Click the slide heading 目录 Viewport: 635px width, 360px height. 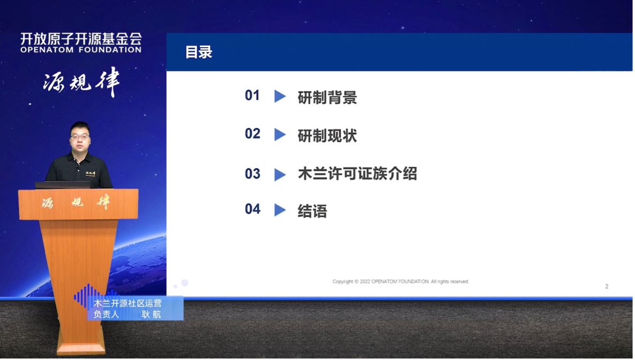(x=199, y=52)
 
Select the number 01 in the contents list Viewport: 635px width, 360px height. (x=252, y=95)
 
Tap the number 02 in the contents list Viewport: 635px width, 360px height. (x=252, y=134)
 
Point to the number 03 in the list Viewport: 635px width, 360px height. (x=252, y=174)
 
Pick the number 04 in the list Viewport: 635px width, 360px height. (x=252, y=209)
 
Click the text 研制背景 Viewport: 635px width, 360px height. (x=327, y=97)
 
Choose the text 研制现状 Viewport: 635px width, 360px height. (x=327, y=136)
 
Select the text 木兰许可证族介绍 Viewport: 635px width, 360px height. (x=357, y=174)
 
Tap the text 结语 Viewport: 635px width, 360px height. (x=312, y=211)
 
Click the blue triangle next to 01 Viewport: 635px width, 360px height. (x=280, y=96)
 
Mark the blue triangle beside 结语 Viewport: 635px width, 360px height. (x=280, y=210)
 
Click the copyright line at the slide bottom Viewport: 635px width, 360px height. (x=400, y=282)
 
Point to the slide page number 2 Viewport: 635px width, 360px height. (x=607, y=287)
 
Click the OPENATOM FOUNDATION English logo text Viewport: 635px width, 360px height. (x=81, y=50)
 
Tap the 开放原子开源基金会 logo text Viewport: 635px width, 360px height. (x=81, y=39)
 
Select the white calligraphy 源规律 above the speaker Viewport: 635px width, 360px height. (x=81, y=82)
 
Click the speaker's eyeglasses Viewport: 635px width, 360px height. (x=79, y=137)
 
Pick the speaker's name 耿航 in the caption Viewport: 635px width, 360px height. (x=151, y=314)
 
